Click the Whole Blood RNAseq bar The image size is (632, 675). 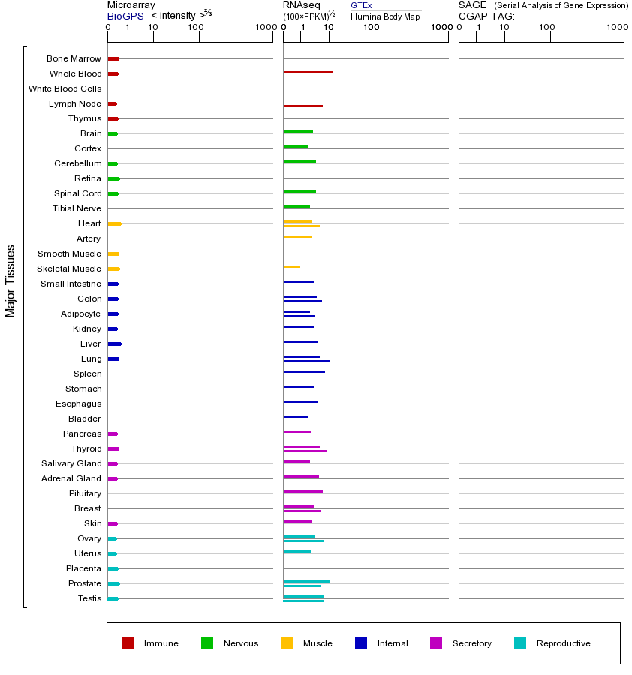[x=308, y=71]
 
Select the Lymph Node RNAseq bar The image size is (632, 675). [x=302, y=106]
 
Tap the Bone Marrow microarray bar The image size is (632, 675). [x=113, y=58]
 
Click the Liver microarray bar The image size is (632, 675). [x=114, y=343]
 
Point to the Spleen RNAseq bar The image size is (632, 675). [x=304, y=371]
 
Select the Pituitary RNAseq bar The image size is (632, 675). [x=302, y=491]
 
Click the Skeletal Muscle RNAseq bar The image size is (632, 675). [x=291, y=266]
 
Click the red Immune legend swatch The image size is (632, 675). [x=128, y=643]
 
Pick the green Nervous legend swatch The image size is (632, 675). [x=207, y=643]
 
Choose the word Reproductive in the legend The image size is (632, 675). [x=563, y=643]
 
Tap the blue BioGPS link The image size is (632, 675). [x=123, y=16]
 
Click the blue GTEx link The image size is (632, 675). [x=361, y=5]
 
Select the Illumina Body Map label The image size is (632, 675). [x=385, y=16]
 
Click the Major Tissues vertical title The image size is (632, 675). [x=11, y=280]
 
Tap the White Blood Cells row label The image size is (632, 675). [x=65, y=88]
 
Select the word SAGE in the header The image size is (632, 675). [x=472, y=5]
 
